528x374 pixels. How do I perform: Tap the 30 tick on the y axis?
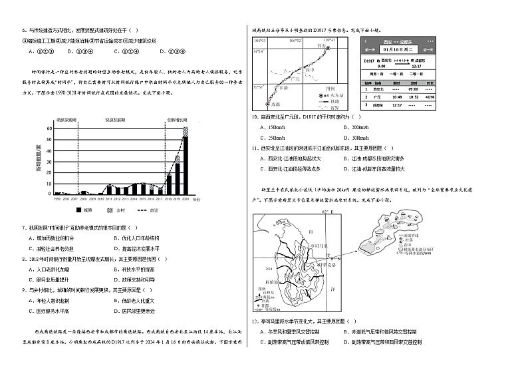click(x=48, y=160)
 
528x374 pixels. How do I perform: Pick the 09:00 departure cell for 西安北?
click(x=413, y=89)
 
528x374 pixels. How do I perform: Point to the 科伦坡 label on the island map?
click(x=268, y=282)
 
